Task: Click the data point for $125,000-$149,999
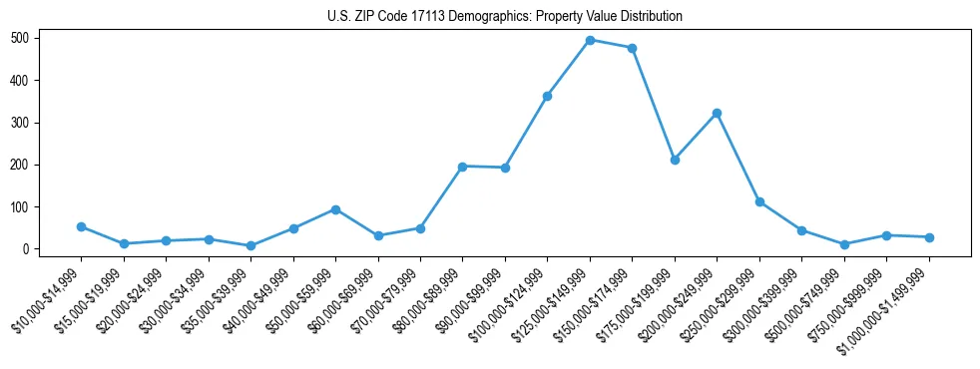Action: (x=590, y=40)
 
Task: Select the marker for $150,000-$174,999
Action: (x=633, y=48)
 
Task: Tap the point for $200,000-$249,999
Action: (x=717, y=114)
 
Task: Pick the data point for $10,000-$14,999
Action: (x=81, y=226)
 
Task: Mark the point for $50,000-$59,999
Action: (x=335, y=209)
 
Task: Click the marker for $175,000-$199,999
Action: (x=675, y=160)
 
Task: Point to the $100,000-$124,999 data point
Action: (x=547, y=96)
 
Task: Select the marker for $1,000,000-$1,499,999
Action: (x=929, y=237)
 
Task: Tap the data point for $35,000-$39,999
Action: (x=250, y=245)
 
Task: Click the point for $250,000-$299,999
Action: (x=759, y=202)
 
